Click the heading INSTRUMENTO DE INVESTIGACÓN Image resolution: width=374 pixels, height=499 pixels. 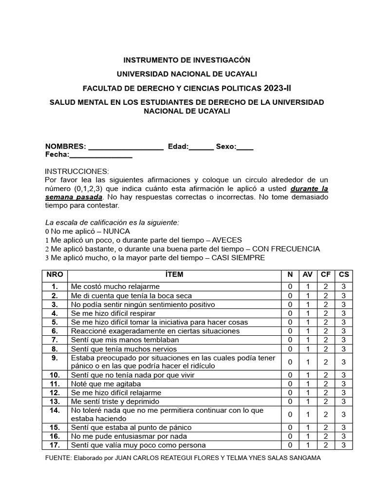187,60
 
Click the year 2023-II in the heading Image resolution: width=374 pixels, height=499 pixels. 279,88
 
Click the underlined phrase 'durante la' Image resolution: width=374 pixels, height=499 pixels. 310,189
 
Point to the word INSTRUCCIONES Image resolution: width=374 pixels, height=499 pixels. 77,172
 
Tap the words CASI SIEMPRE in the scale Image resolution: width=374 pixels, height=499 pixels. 238,258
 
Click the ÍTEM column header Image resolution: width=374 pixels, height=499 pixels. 174,274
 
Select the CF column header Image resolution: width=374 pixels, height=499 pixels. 326,274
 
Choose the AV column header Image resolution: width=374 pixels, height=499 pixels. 308,274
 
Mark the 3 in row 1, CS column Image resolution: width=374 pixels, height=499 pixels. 344,287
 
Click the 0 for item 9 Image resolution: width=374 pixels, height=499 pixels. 290,362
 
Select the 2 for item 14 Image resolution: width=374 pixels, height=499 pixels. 326,414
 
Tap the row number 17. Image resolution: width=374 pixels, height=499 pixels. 55,445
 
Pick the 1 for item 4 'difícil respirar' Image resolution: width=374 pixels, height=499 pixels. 308,313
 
